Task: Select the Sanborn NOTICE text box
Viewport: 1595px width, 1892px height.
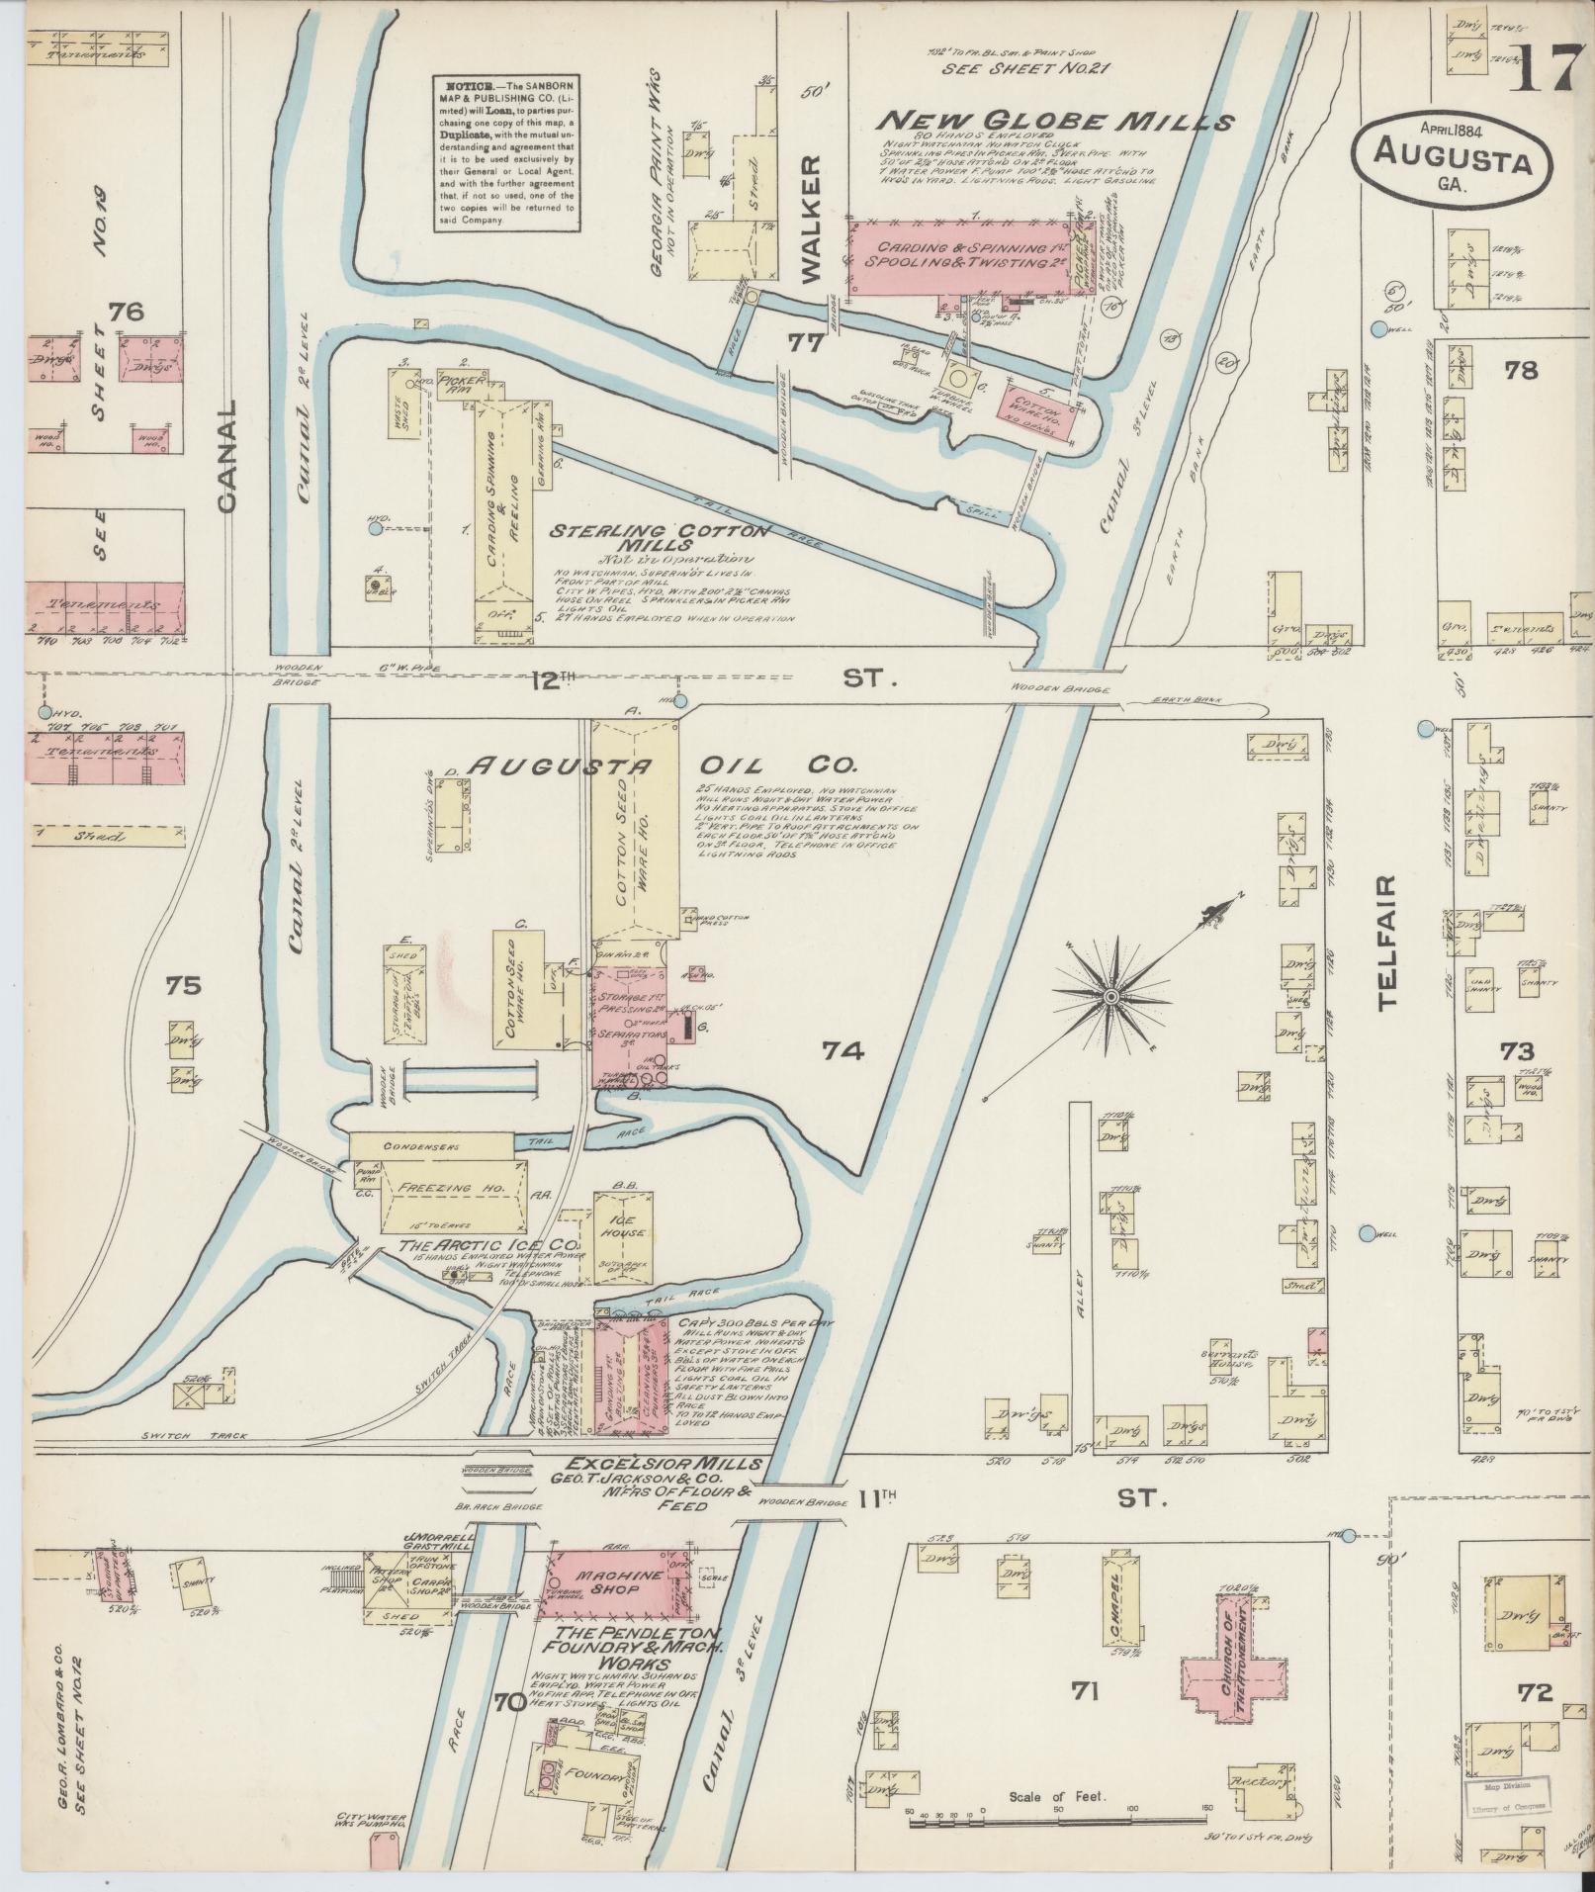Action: point(506,153)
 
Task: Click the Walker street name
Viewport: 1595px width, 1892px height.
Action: point(810,220)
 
